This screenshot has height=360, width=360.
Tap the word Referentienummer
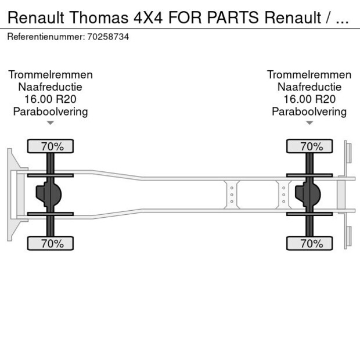click(x=46, y=37)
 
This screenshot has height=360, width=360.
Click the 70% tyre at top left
click(x=51, y=146)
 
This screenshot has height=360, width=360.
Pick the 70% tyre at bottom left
click(x=51, y=243)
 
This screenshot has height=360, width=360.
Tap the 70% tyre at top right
click(x=309, y=146)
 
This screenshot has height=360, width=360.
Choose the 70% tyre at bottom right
click(x=309, y=243)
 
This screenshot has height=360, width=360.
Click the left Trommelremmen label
click(x=51, y=75)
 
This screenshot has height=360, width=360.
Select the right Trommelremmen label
click(x=309, y=75)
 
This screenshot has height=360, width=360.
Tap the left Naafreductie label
click(x=51, y=87)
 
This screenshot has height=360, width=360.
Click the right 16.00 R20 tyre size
click(x=309, y=99)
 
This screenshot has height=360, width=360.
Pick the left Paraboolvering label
click(x=51, y=111)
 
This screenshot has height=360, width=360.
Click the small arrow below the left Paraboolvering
click(x=51, y=123)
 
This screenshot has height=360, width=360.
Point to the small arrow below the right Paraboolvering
click(x=309, y=123)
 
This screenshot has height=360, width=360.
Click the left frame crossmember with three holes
click(x=232, y=195)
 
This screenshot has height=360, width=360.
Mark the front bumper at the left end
click(x=11, y=195)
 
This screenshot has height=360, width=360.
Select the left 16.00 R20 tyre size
click(x=51, y=99)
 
